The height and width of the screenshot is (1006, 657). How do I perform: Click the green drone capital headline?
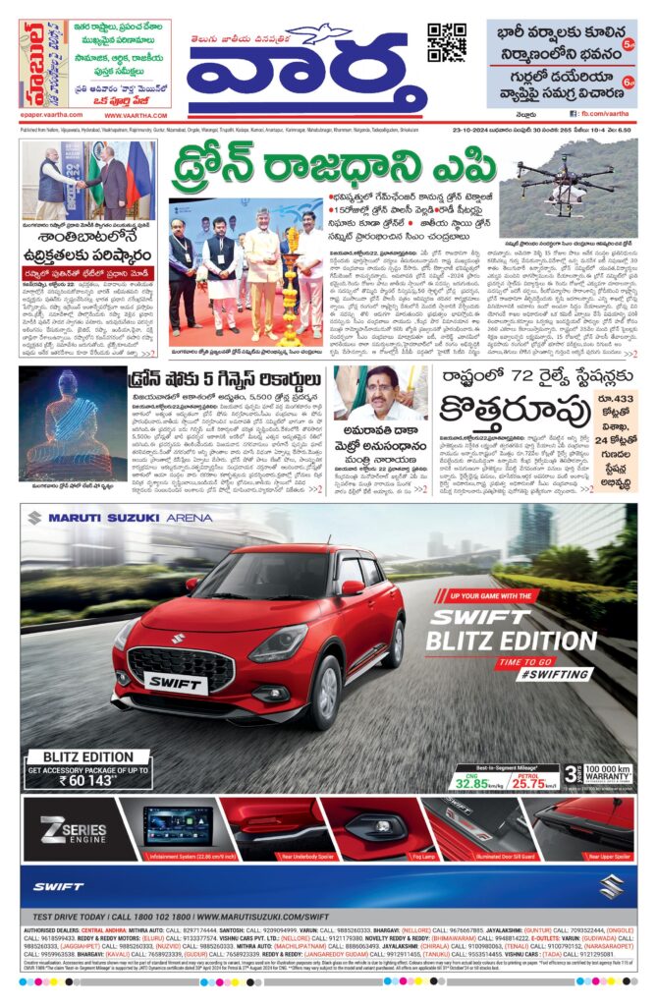[x=331, y=168]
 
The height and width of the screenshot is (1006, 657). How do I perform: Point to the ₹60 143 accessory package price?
[x=87, y=780]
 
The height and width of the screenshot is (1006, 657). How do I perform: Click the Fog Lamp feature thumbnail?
[x=377, y=830]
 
